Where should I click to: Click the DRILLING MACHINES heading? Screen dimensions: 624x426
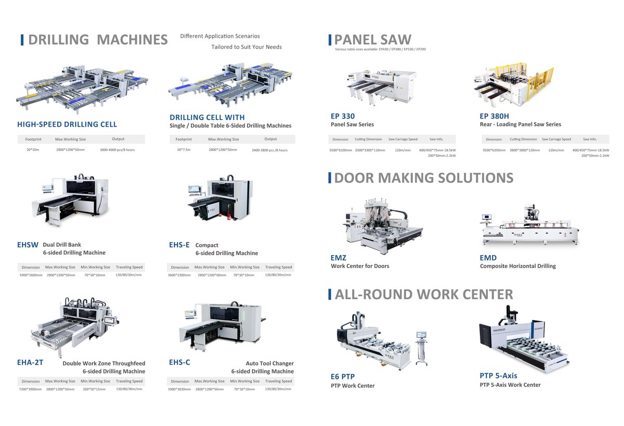click(x=98, y=40)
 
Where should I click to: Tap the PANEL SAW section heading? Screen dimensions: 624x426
click(x=372, y=40)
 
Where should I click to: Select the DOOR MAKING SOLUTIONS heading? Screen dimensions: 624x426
click(x=423, y=178)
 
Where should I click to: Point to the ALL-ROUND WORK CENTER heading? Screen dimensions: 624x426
click(x=424, y=295)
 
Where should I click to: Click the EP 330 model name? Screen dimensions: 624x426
click(x=343, y=116)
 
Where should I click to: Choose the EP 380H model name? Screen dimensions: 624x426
click(x=494, y=116)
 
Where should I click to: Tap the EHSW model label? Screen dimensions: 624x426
click(x=28, y=245)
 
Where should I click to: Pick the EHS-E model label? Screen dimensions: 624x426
click(x=179, y=245)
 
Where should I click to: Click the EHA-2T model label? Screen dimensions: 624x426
click(x=30, y=363)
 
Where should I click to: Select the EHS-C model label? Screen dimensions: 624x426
click(x=179, y=363)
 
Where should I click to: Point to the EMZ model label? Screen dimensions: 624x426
click(x=339, y=258)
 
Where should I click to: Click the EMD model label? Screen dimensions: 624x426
click(x=488, y=258)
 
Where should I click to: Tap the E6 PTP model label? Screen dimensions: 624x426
click(x=343, y=377)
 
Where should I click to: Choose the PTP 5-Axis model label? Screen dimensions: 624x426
click(x=498, y=376)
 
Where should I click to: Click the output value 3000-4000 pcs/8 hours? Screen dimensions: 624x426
click(x=118, y=150)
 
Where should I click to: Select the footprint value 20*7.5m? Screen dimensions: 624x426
click(x=184, y=150)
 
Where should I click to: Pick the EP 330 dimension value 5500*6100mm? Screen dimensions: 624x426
click(x=341, y=150)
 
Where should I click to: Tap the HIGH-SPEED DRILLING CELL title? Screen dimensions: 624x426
click(x=67, y=124)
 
